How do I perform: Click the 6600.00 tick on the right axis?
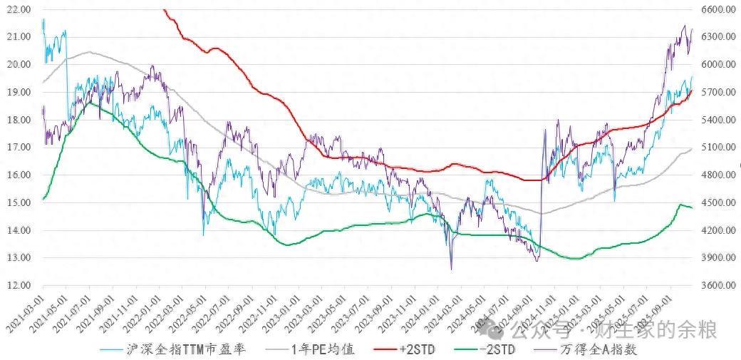[717, 10]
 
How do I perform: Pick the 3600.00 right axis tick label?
[717, 286]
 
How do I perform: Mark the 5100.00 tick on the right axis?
[717, 148]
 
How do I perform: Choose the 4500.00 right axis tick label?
[717, 203]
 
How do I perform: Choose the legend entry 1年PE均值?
[322, 350]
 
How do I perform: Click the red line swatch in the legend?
[383, 350]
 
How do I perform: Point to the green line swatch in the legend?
[464, 350]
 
